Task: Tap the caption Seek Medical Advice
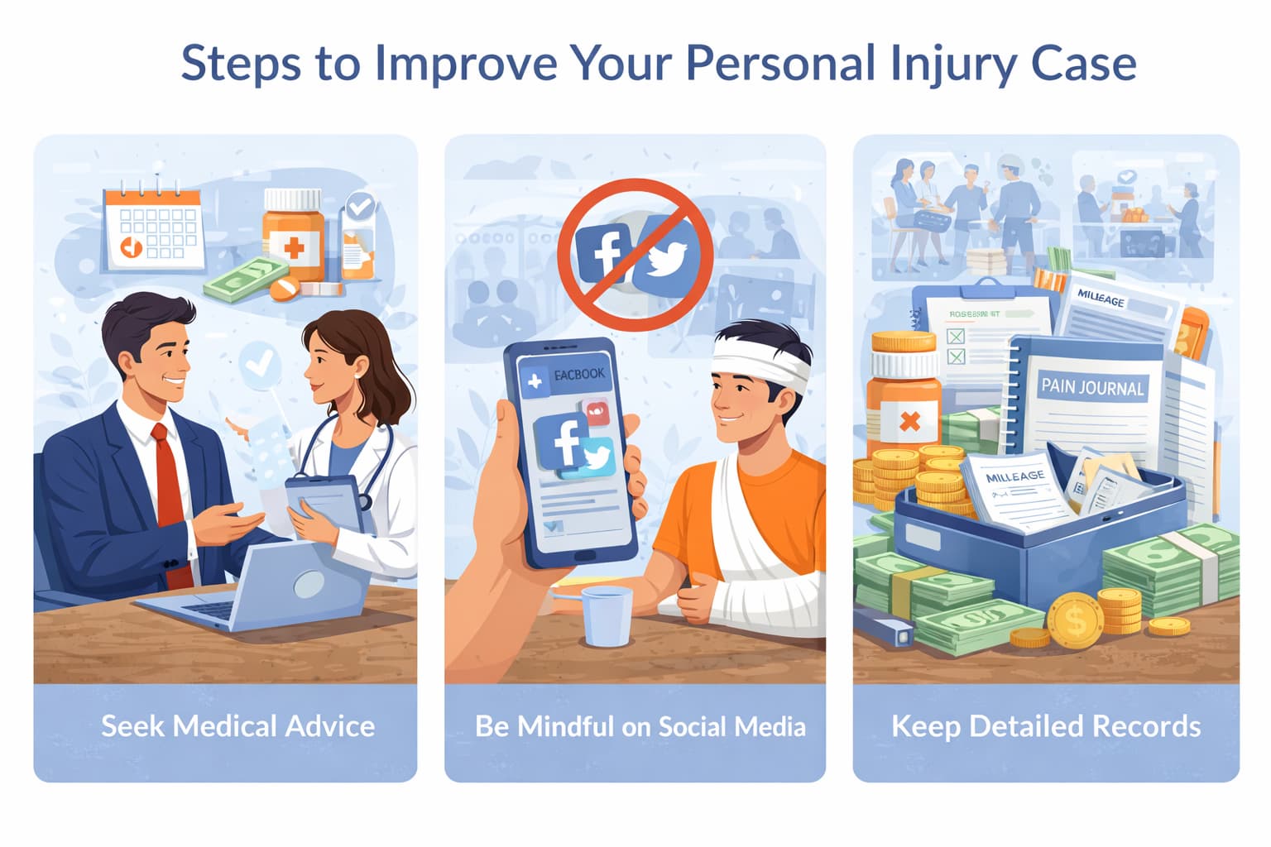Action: point(237,726)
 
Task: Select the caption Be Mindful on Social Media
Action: point(640,726)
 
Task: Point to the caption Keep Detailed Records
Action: point(1046,726)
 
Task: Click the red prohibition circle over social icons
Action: point(635,254)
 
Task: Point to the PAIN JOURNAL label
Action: point(1092,386)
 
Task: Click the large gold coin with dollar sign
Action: point(1075,619)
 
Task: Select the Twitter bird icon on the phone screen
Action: point(597,458)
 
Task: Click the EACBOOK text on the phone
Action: point(579,375)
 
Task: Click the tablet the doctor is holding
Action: point(324,502)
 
